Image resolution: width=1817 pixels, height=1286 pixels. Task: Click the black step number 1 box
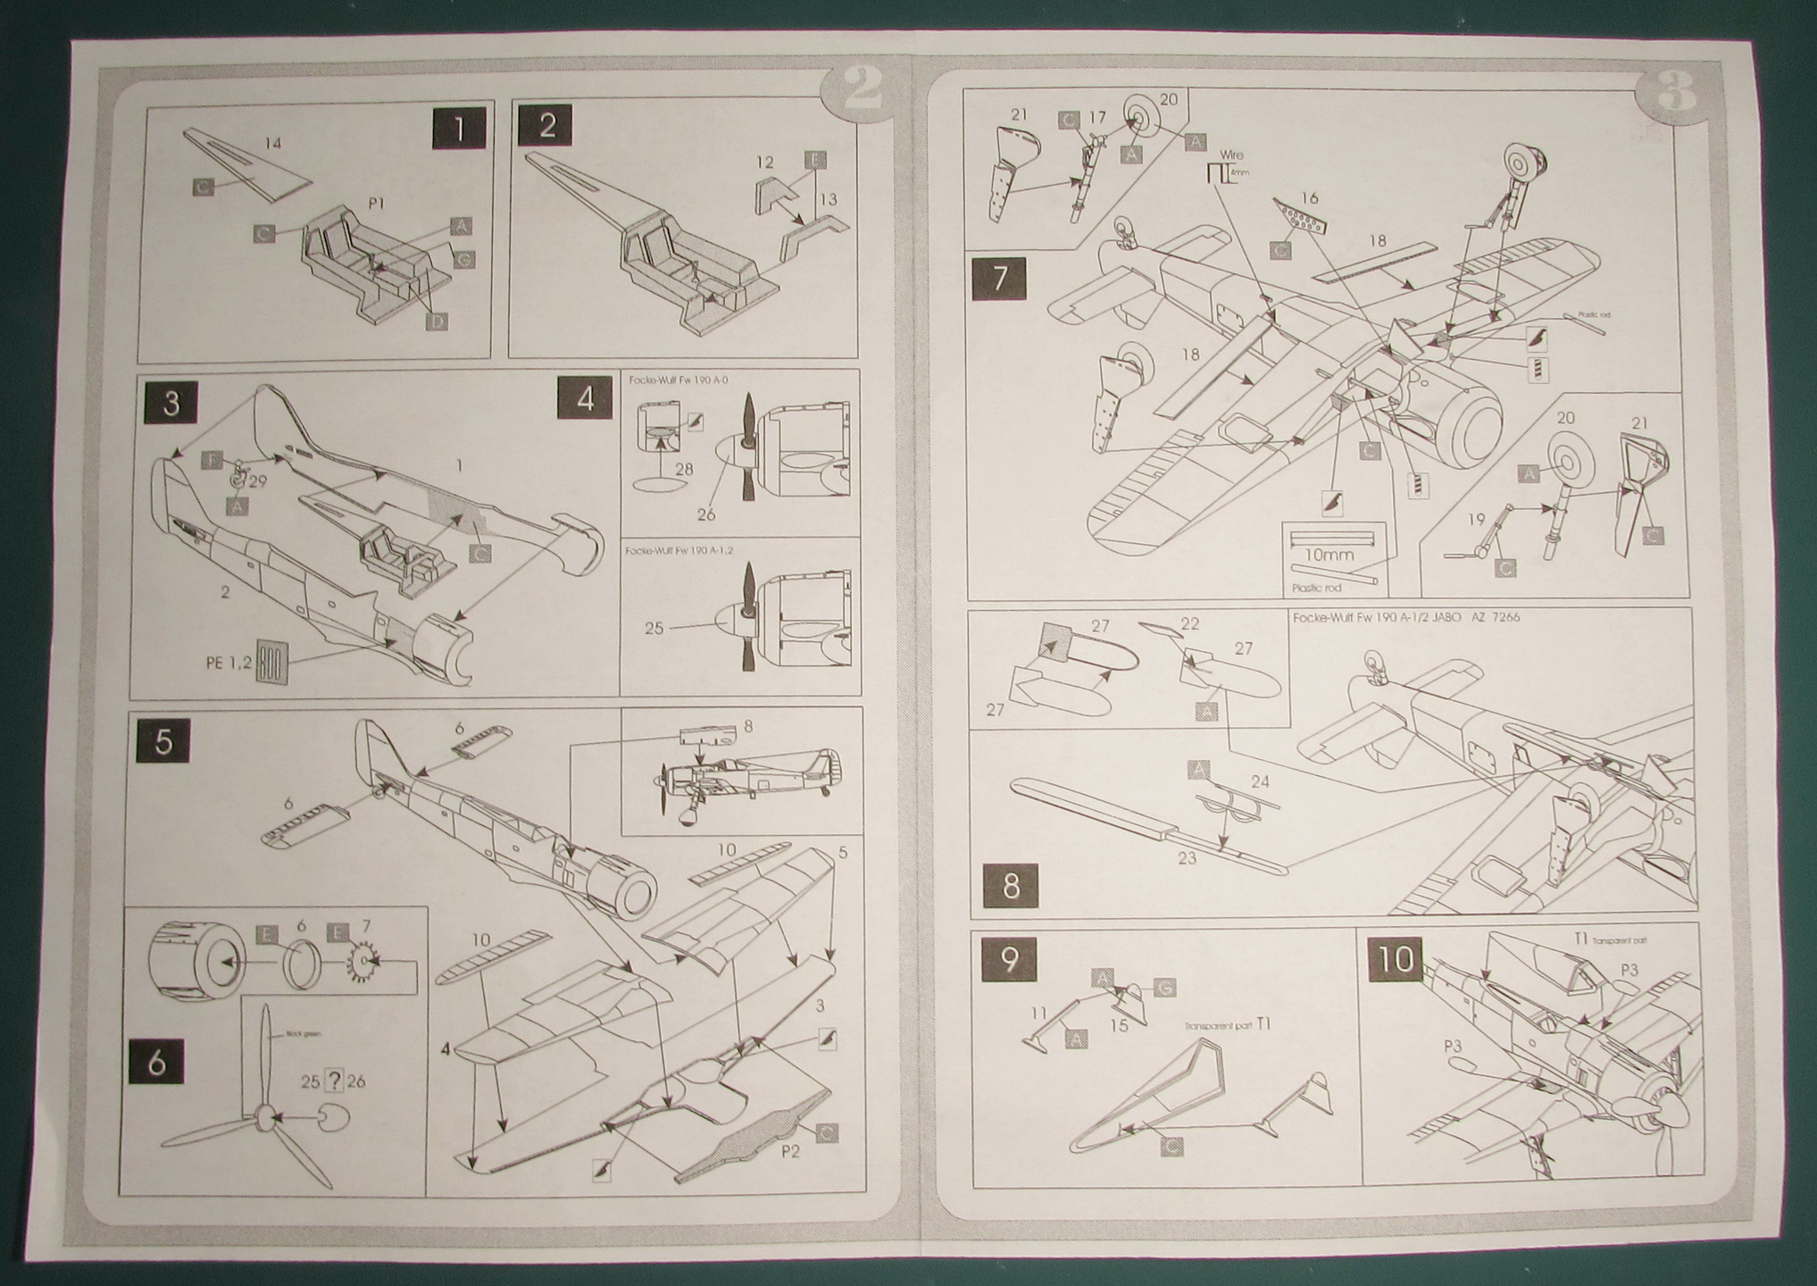tap(458, 129)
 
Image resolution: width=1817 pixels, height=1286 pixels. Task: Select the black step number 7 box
tap(999, 278)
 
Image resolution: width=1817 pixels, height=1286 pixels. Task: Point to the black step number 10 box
tap(1396, 959)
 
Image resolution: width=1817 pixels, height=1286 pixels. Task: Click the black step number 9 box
tap(1009, 959)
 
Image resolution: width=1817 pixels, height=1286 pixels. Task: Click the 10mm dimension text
tap(1329, 555)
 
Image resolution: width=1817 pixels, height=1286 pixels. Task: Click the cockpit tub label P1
tap(376, 204)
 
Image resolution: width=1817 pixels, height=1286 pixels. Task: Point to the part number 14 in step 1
tap(273, 143)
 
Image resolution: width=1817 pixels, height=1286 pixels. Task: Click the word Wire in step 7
tap(1230, 155)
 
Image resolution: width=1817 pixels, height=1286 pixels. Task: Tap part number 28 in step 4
tap(684, 469)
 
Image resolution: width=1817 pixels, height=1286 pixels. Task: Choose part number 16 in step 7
tap(1310, 198)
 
